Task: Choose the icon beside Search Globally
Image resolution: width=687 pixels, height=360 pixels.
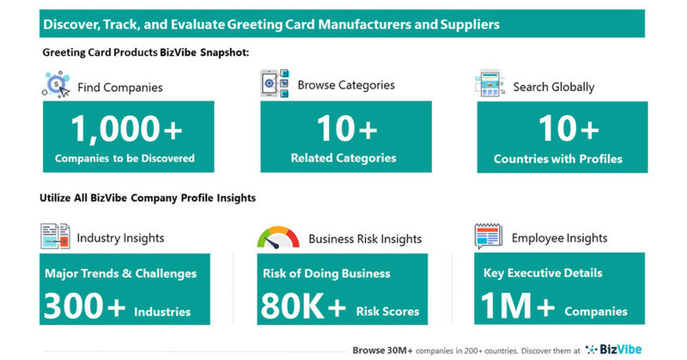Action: (x=489, y=84)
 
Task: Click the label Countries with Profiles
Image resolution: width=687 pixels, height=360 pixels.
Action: (x=558, y=159)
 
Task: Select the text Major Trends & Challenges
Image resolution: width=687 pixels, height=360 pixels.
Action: (x=119, y=274)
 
